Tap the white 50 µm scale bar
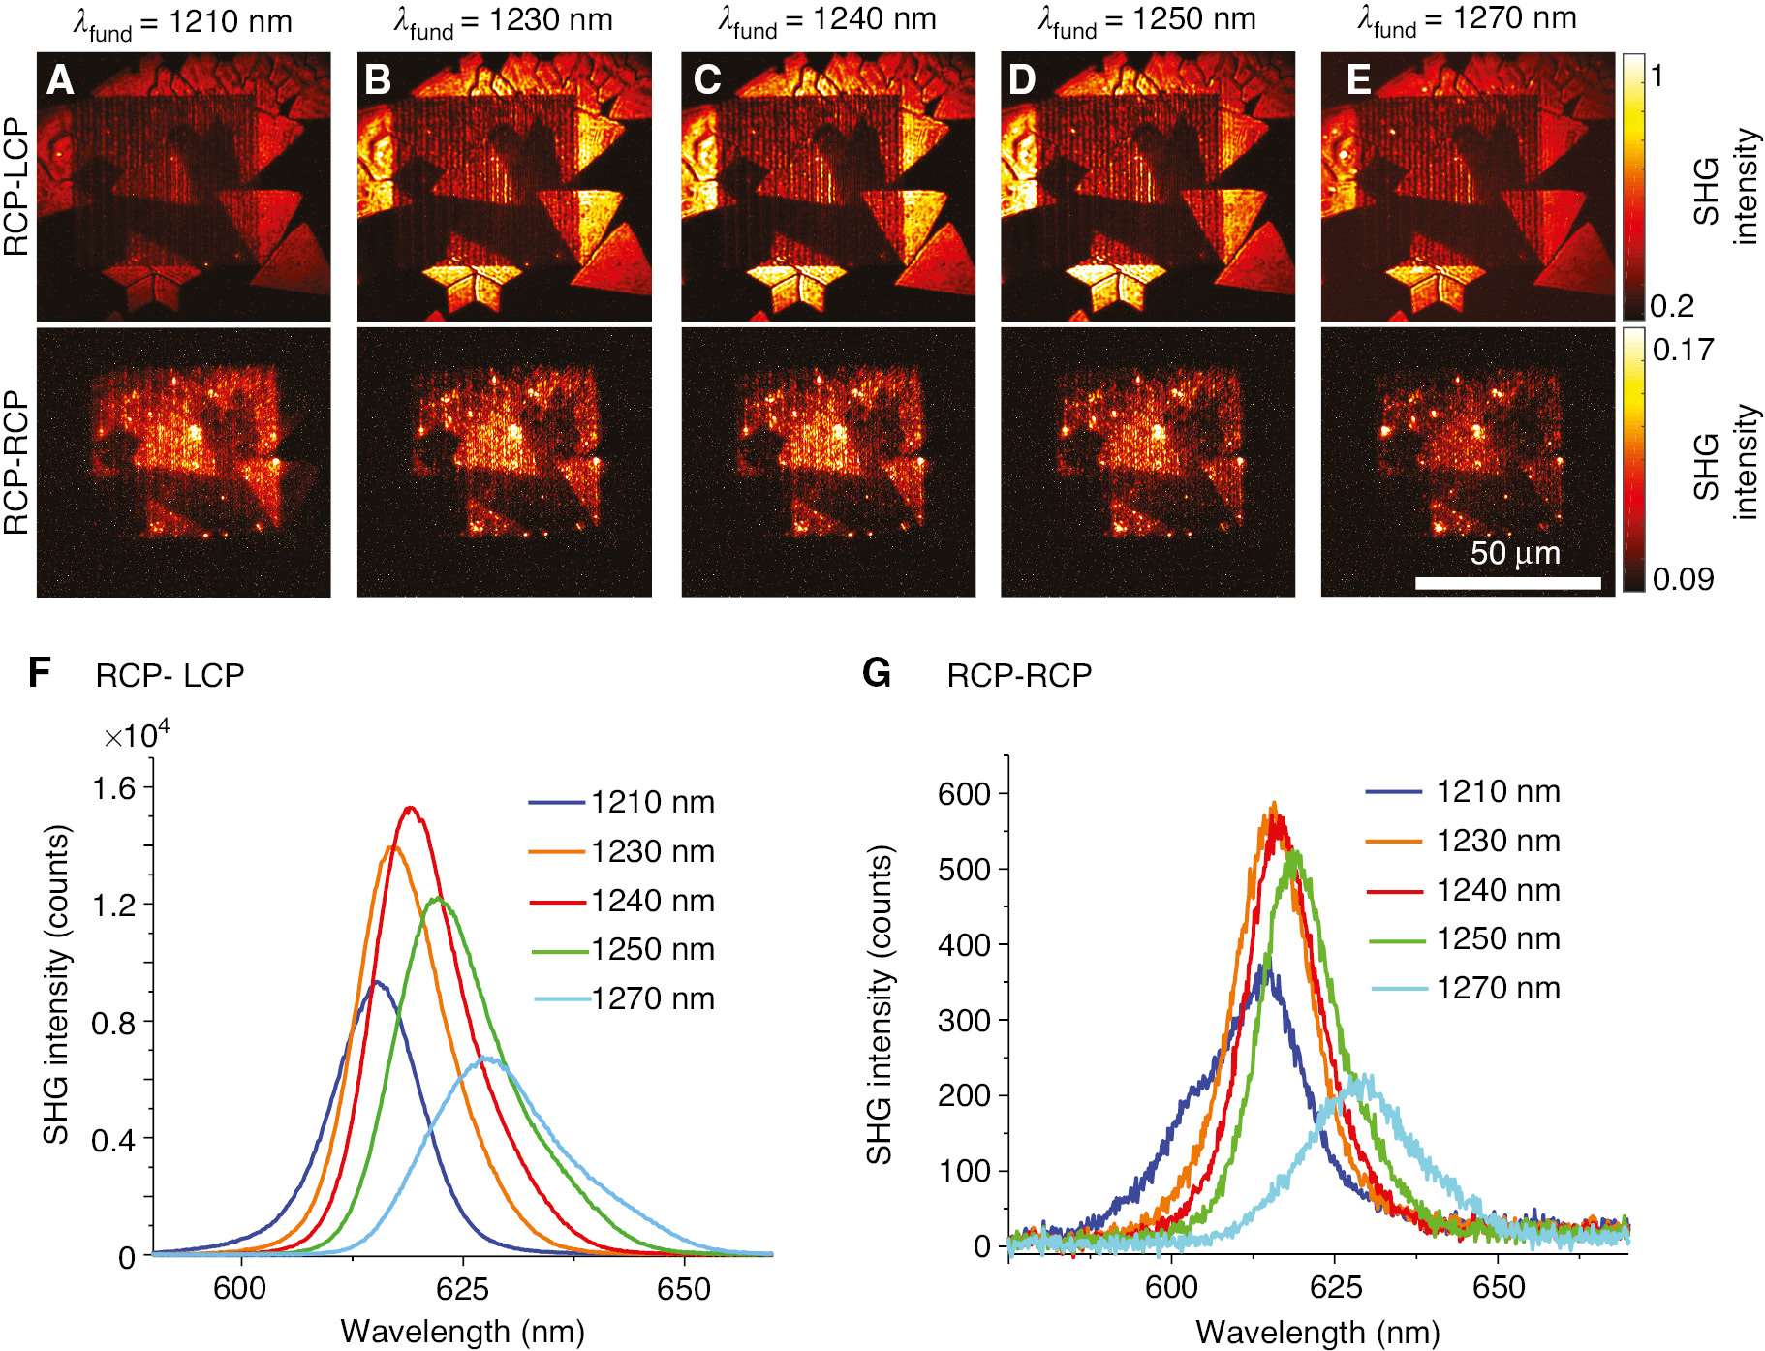(x=1507, y=583)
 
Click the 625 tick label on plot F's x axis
(x=462, y=1288)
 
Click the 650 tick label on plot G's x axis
(x=1498, y=1287)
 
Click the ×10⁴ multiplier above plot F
(x=136, y=735)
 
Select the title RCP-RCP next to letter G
(x=1019, y=675)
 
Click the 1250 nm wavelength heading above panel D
(x=1147, y=19)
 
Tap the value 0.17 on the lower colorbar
(x=1683, y=350)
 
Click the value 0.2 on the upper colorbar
(x=1672, y=306)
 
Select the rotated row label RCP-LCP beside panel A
(x=16, y=187)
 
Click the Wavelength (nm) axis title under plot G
(x=1317, y=1332)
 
